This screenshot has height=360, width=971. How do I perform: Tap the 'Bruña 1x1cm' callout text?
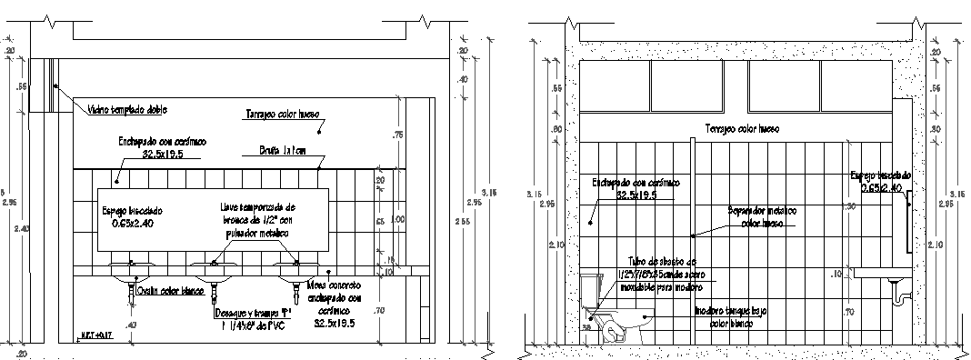[282, 150]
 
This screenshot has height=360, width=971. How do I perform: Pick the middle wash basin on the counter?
[215, 270]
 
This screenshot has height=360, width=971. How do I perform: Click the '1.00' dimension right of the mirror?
[397, 219]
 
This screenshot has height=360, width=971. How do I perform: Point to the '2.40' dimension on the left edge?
[23, 229]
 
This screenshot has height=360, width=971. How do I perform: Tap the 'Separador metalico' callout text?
[763, 215]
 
